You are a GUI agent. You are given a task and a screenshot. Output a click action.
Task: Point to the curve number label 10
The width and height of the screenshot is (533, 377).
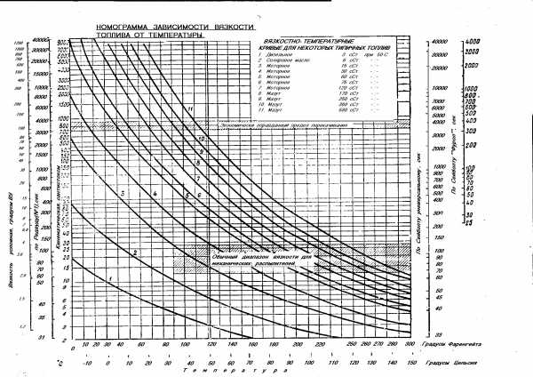tap(202, 140)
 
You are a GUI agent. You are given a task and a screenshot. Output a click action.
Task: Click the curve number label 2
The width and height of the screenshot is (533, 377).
tap(134, 253)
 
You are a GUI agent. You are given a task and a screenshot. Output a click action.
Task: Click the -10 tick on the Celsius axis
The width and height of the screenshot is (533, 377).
tap(86, 363)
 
